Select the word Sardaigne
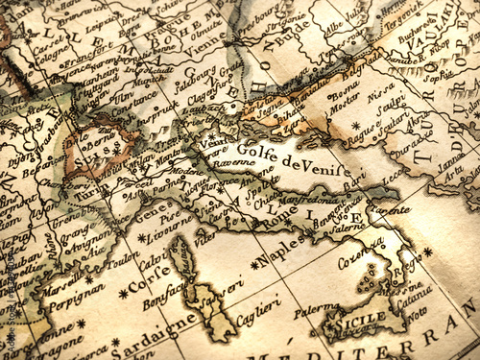coord(144,336)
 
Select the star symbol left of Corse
coord(123,294)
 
